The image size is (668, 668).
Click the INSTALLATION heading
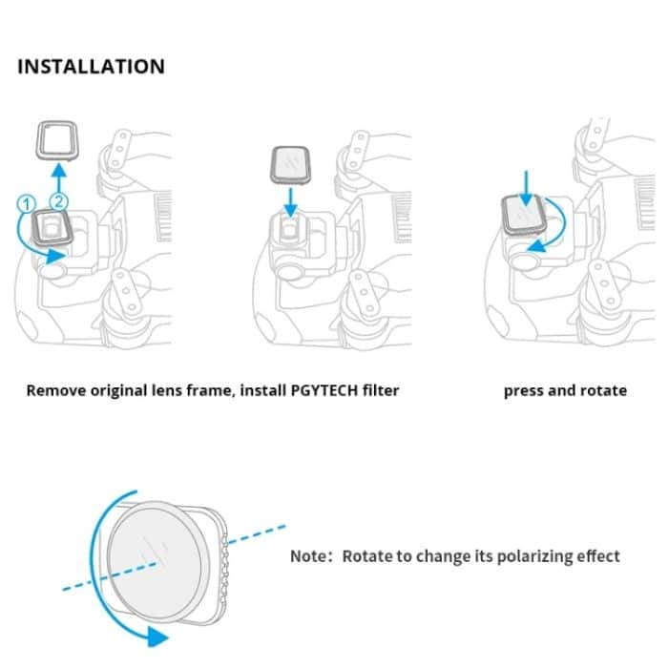tap(92, 67)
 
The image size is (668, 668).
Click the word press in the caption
tap(524, 390)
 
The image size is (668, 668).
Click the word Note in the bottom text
tap(309, 556)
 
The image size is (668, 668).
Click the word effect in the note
tap(597, 556)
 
